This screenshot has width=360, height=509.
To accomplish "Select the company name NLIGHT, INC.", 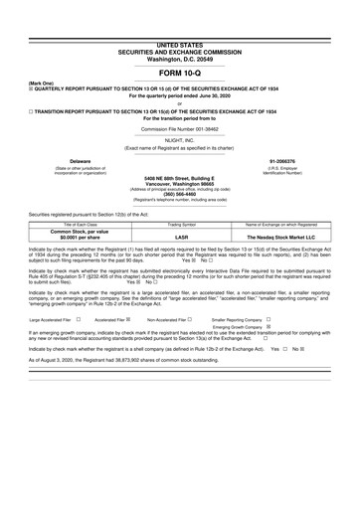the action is click(x=180, y=140).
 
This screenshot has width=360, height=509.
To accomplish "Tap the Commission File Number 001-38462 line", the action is click(x=180, y=129).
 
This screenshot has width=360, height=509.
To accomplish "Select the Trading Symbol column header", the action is click(x=180, y=227).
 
